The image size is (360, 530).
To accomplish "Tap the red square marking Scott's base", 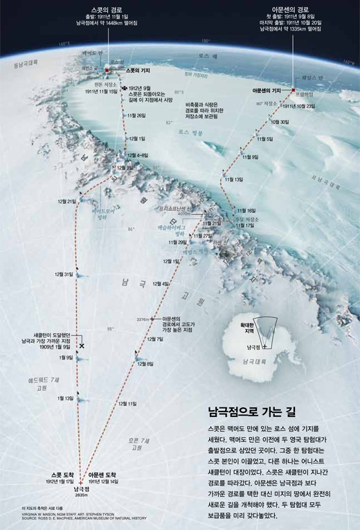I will pos(107,71).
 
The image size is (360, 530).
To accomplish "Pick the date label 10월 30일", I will pos(280,122).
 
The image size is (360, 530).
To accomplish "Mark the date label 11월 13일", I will pos(233,179).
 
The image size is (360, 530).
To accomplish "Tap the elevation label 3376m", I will pos(143,319).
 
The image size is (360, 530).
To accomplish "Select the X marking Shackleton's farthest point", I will pos(82,344).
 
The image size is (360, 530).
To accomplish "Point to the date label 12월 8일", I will pos(145,364).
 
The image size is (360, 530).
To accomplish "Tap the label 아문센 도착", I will pos(105,475).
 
